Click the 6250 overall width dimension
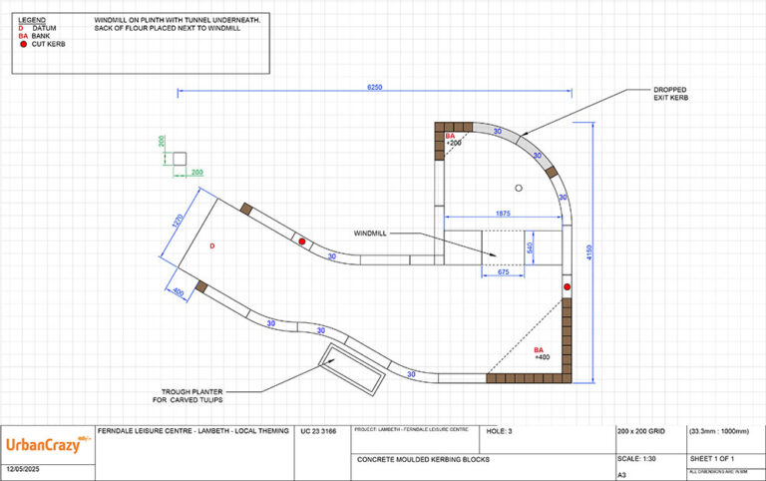374,88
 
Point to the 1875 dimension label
504,214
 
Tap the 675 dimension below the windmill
504,272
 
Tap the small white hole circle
519,188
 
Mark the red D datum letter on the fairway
211,244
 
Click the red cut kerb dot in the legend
23,44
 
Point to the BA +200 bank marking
453,140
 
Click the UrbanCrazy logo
45,445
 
